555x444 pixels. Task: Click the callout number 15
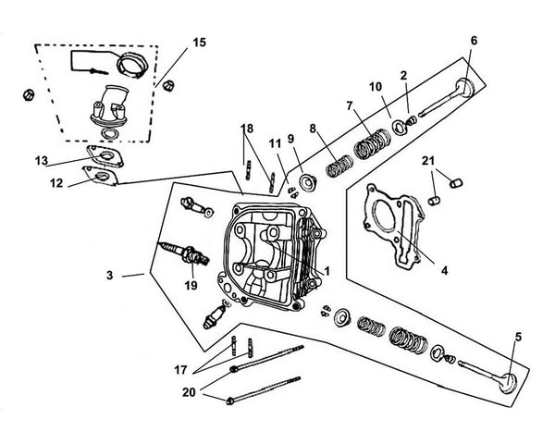click(x=201, y=43)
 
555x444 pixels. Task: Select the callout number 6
click(x=474, y=41)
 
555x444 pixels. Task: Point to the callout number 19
click(x=191, y=286)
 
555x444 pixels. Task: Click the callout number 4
click(x=444, y=271)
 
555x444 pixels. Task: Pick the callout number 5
click(x=517, y=337)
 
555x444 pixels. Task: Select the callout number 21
click(x=428, y=162)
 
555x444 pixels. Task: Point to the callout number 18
click(x=246, y=127)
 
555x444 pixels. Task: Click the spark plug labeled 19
click(x=179, y=251)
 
